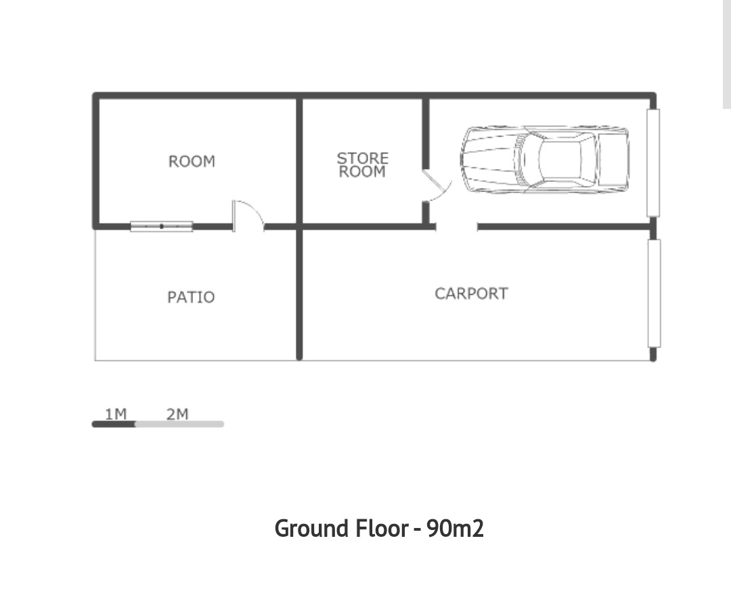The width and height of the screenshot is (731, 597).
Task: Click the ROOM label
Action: (192, 162)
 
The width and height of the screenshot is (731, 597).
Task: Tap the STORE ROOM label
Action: (362, 165)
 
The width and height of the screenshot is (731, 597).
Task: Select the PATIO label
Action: (191, 297)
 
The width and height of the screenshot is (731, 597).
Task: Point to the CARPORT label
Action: (471, 294)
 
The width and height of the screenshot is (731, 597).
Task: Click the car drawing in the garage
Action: (544, 160)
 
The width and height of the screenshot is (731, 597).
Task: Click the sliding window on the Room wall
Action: (161, 226)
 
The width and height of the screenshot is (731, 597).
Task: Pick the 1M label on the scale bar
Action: (116, 414)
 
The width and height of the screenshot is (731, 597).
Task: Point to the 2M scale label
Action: (177, 414)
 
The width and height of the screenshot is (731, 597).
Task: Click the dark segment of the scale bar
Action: (114, 424)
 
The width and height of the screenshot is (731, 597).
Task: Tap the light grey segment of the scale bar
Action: (180, 424)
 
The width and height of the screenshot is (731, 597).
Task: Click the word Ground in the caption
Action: (312, 529)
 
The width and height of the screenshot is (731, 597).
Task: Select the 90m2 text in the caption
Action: (455, 529)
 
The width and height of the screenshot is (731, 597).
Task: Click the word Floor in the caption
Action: (382, 529)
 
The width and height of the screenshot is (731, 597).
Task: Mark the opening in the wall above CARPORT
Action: (457, 226)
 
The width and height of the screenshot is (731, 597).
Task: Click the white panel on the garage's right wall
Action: (653, 163)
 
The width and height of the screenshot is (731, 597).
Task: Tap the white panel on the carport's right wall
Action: (654, 293)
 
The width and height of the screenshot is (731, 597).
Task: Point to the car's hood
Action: (489, 159)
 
